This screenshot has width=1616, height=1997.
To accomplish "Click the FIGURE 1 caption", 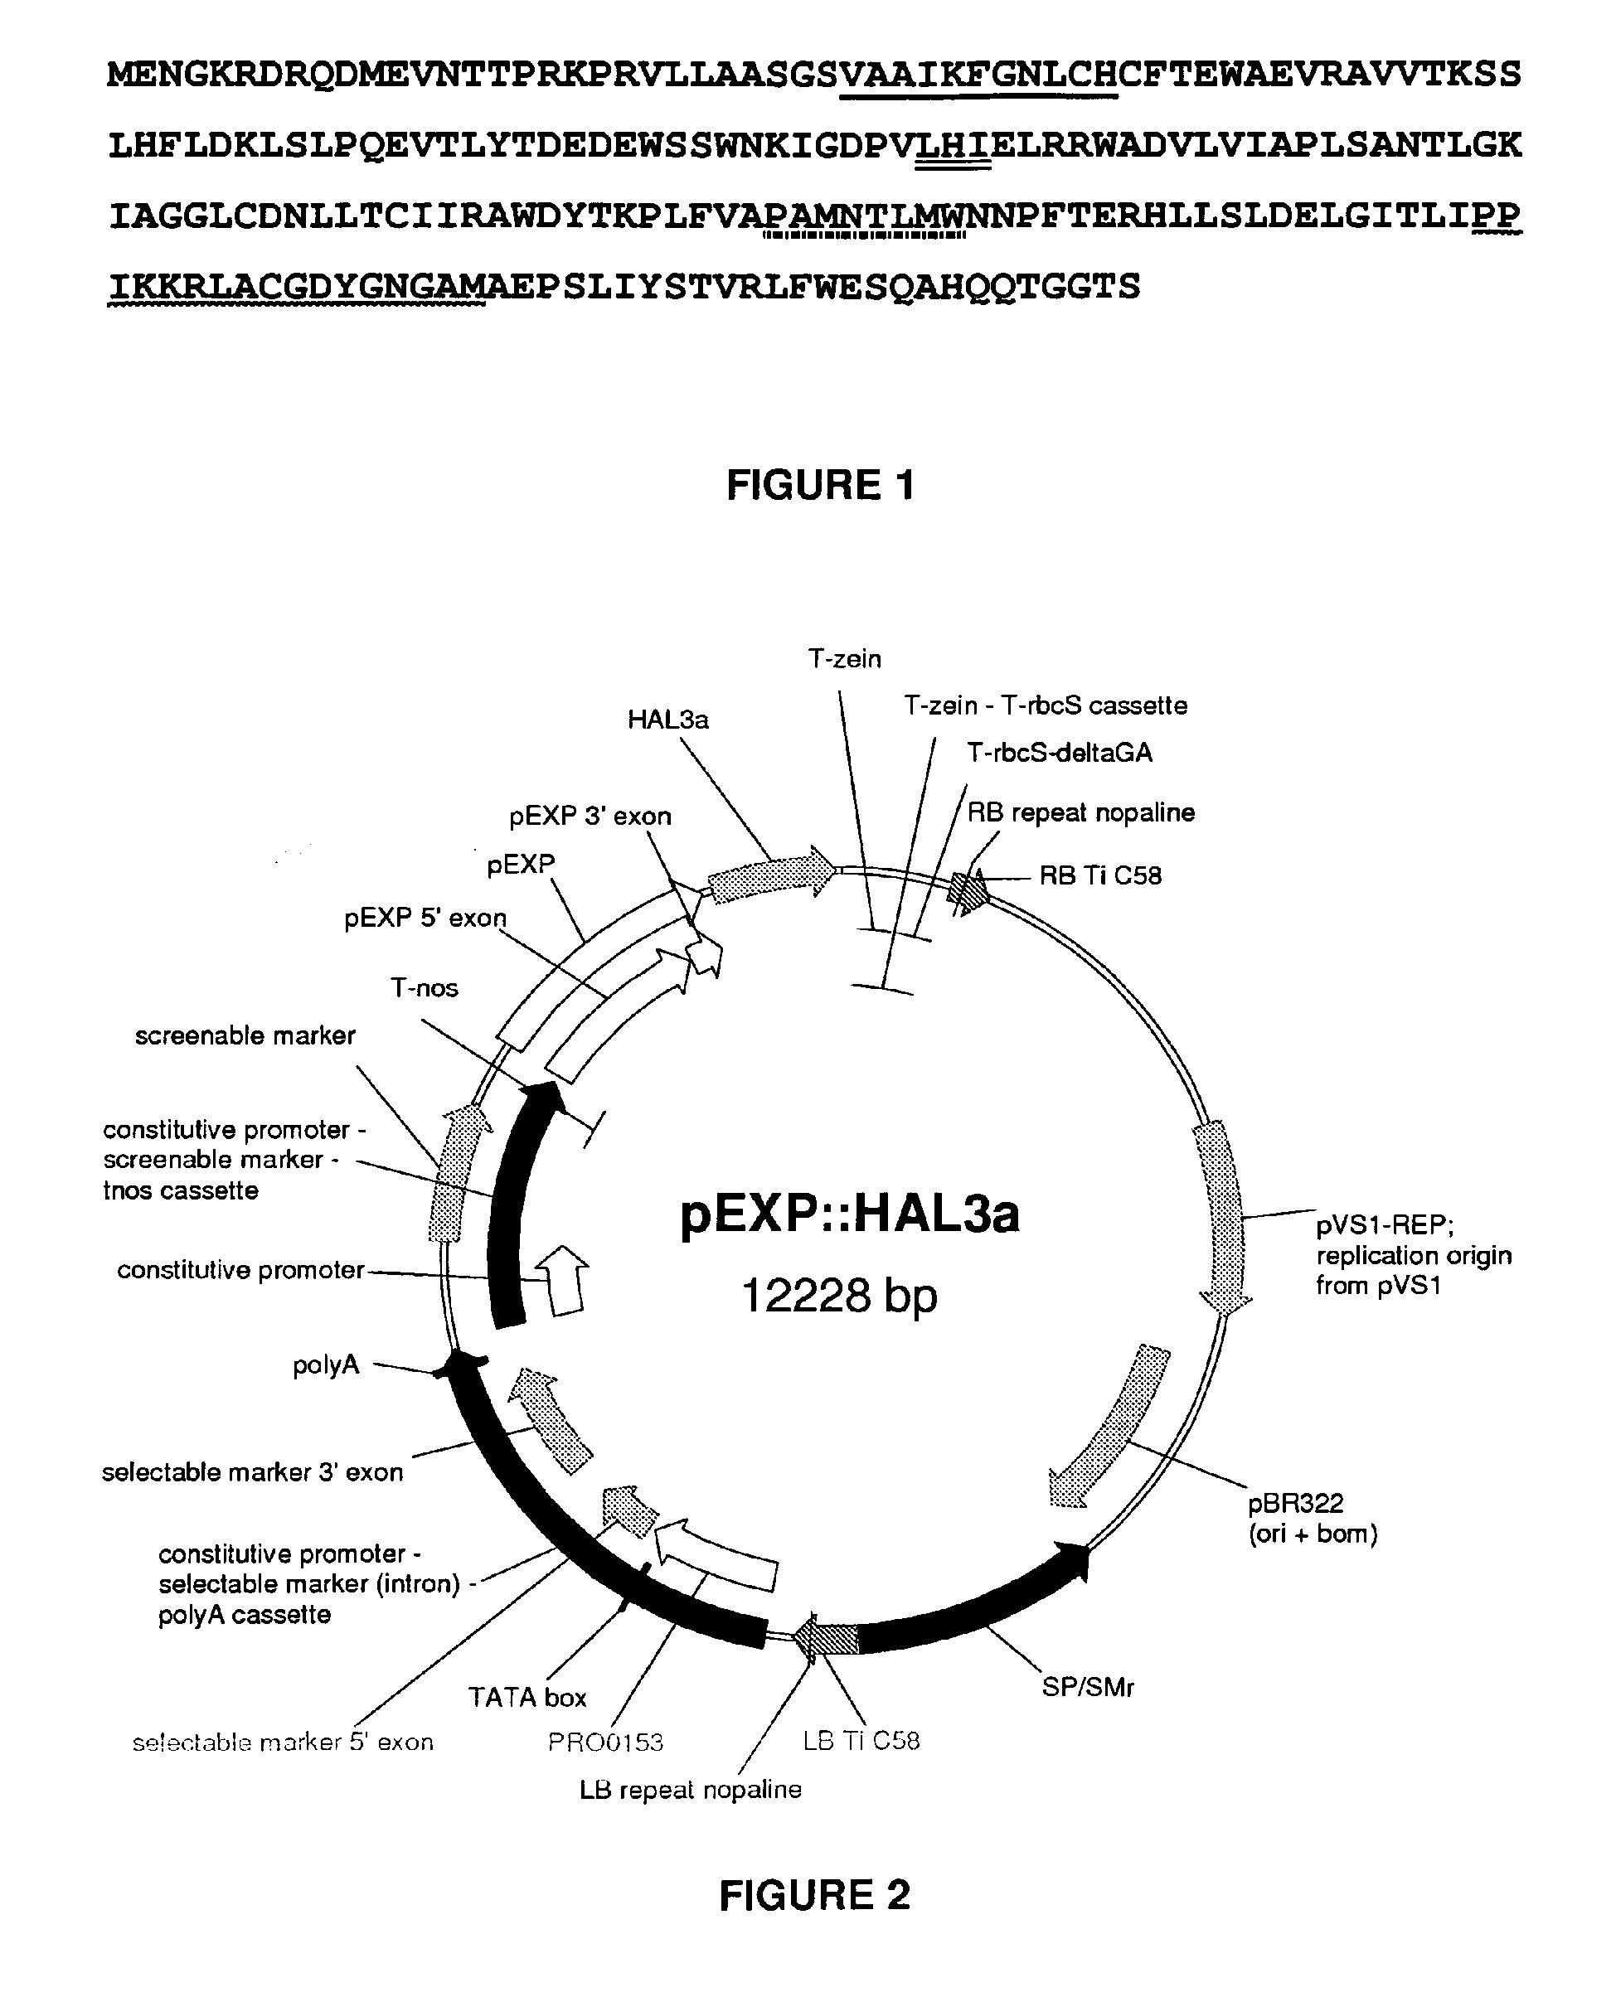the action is [x=820, y=486].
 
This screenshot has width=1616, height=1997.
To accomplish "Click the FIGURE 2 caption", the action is [x=814, y=1896].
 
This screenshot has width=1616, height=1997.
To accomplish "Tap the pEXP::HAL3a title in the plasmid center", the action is [x=850, y=1214].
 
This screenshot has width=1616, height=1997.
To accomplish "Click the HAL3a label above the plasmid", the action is [x=667, y=720].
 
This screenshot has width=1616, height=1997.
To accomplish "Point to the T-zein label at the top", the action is [x=844, y=659].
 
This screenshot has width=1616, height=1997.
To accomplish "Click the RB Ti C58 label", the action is [x=1100, y=875].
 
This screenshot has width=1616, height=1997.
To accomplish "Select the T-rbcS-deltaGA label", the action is [x=1060, y=752].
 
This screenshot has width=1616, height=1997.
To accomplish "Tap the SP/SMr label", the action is [x=1087, y=1687].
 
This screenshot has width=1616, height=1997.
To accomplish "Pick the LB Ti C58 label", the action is [x=861, y=1740].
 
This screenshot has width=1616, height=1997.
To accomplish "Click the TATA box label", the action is [x=527, y=1698].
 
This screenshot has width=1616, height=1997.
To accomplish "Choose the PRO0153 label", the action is [x=605, y=1741].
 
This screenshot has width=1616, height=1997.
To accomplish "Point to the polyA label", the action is [x=326, y=1365].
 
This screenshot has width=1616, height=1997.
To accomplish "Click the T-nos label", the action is [x=425, y=987].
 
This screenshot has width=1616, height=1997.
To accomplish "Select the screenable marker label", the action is [x=245, y=1035].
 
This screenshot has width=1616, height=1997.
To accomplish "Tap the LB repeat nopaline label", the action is [x=690, y=1790].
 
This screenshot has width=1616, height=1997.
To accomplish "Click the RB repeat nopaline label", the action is [x=1080, y=812].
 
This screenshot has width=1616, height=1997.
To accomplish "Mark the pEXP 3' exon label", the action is [x=590, y=816].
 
